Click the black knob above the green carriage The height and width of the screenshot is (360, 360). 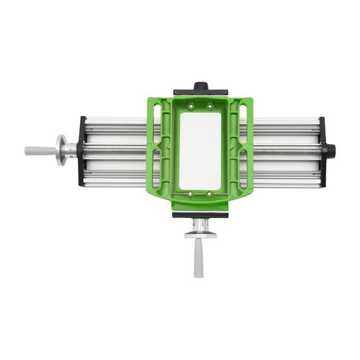200,86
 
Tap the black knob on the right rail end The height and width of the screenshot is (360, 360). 330,150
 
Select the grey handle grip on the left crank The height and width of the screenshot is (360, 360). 39,151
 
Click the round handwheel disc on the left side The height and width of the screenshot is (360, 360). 60,150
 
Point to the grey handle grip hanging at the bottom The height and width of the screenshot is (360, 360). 199,258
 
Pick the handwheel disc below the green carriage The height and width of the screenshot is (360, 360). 199,234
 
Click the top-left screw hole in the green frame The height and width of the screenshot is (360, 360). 190,107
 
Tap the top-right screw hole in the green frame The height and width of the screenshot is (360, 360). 210,107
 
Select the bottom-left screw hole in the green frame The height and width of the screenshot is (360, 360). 190,194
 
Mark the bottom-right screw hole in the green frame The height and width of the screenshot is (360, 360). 210,194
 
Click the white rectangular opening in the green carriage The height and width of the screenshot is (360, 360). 200,150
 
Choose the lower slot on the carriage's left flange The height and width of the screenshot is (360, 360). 158,169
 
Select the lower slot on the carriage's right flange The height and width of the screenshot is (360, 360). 243,169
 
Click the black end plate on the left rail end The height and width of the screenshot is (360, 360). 82,151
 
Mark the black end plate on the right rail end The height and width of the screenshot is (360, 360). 322,151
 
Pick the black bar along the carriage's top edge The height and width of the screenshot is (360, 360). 200,94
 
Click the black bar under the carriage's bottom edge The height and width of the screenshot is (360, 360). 200,214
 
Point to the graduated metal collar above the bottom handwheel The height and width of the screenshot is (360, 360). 199,224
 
